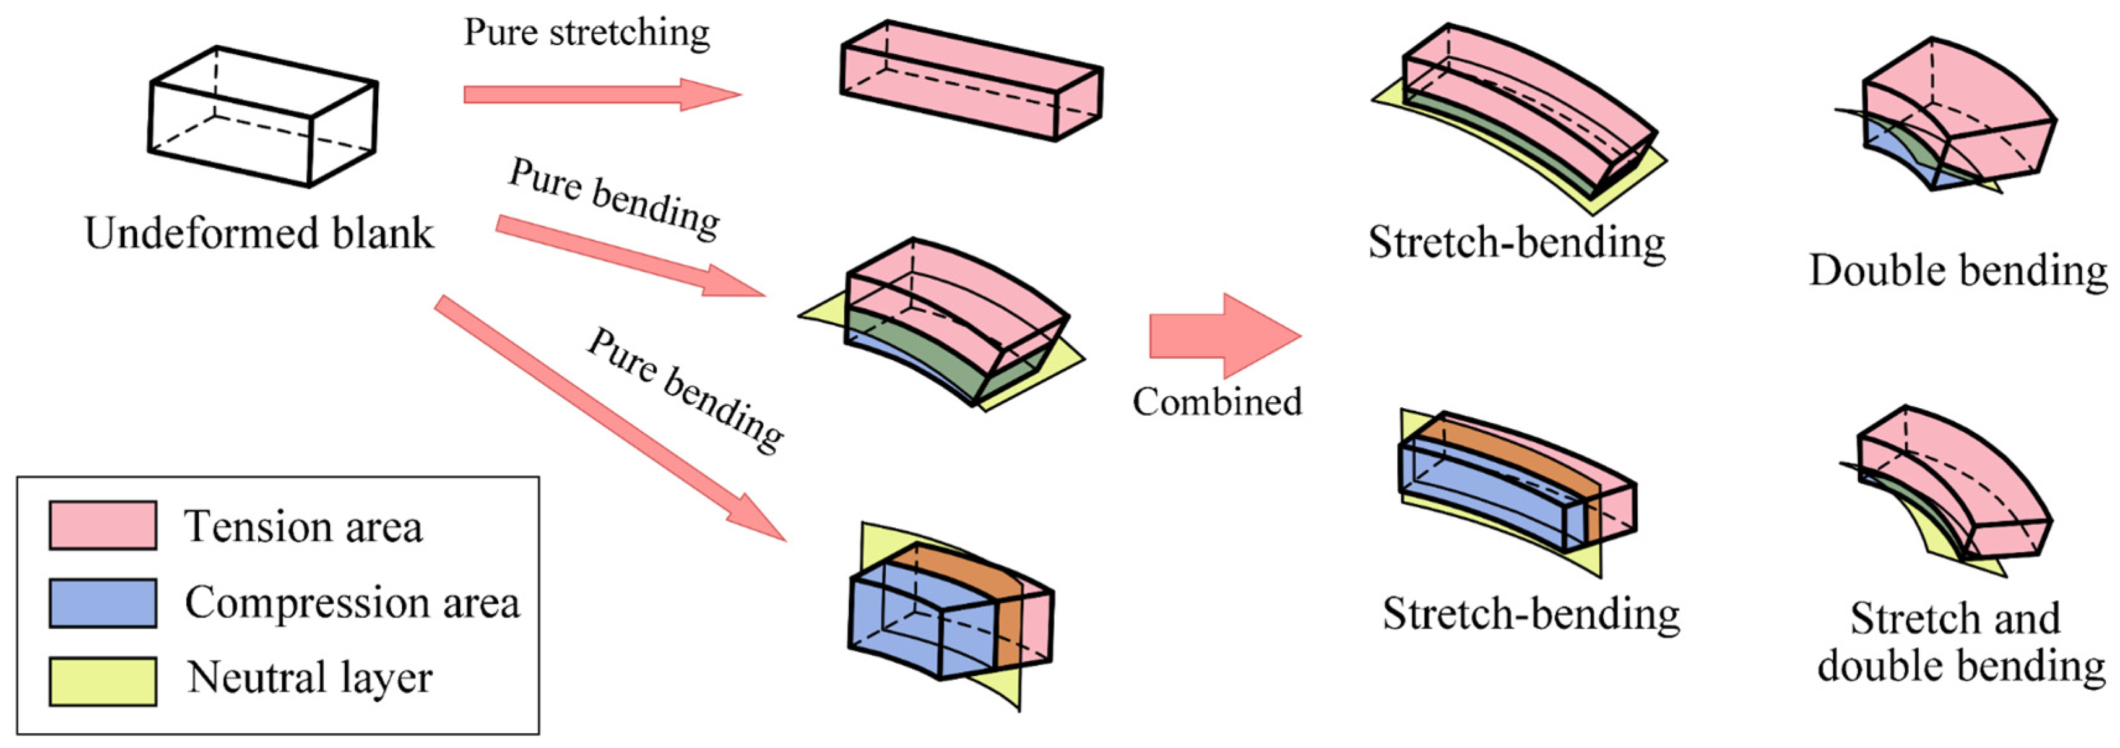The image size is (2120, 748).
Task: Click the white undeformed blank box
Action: click(262, 117)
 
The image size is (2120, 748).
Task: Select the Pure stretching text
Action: click(587, 33)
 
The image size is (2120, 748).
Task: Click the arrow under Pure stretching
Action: click(601, 94)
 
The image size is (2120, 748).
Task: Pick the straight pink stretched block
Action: click(971, 80)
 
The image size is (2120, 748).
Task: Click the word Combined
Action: click(1216, 402)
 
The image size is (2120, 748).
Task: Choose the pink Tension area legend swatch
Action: click(103, 525)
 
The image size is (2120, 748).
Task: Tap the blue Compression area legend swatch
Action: click(103, 603)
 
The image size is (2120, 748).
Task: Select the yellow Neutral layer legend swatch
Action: click(103, 681)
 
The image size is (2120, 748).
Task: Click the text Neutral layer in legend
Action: click(309, 678)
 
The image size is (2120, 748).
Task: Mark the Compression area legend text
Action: click(352, 603)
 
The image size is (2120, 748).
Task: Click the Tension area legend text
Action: click(303, 527)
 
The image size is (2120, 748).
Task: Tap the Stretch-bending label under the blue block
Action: click(1531, 614)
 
